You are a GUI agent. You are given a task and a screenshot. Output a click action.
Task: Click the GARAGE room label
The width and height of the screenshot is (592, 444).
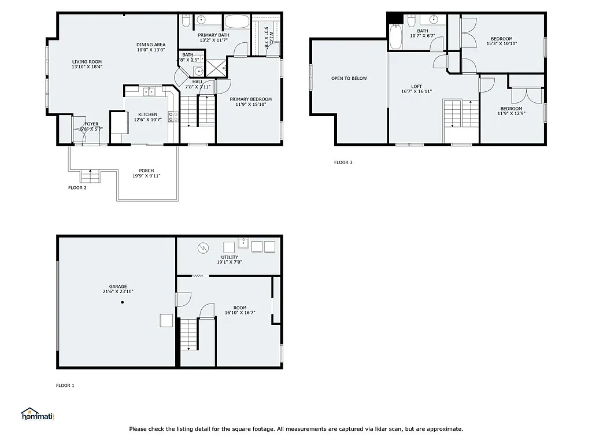tap(117, 286)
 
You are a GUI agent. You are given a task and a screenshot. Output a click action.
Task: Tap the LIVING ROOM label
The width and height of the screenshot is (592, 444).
tap(87, 62)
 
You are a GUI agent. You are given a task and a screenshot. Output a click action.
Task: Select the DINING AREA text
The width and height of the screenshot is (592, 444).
tap(151, 45)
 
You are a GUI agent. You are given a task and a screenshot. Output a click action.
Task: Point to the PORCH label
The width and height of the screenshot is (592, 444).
tap(146, 171)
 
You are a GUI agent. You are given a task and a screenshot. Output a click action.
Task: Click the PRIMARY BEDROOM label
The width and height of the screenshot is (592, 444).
tap(250, 99)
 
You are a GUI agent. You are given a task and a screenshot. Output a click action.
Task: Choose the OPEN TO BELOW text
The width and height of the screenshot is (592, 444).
tap(349, 78)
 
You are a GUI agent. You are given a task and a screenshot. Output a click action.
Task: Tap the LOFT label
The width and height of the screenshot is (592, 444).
tap(416, 87)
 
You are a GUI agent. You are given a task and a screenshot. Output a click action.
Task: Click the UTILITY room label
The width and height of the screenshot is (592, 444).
tap(229, 257)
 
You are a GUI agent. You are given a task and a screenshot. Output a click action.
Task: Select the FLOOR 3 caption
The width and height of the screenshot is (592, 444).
tap(343, 162)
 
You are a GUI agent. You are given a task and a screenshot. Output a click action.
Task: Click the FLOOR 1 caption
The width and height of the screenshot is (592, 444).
tap(65, 386)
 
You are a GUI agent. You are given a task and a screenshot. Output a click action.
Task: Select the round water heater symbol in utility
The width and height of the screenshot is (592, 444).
tap(203, 247)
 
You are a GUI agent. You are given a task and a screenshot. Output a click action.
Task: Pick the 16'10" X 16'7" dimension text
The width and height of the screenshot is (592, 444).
tap(240, 313)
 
